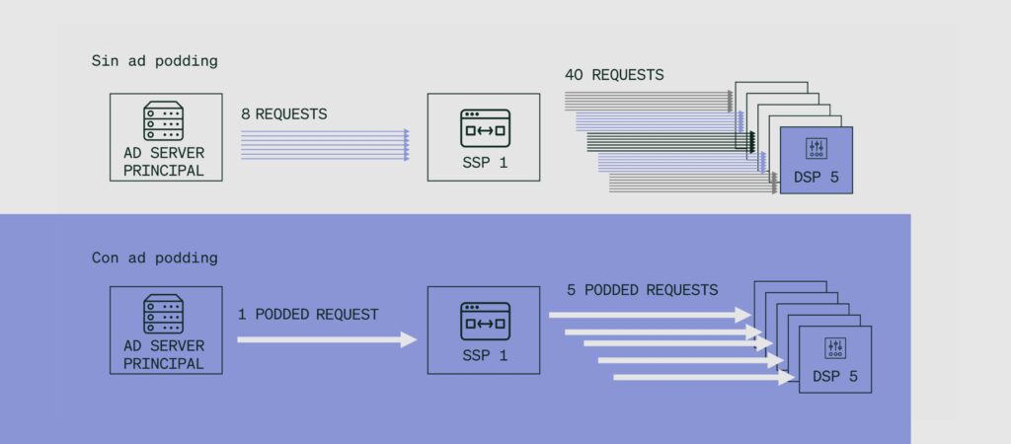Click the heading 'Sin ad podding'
coord(155,61)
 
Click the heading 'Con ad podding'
coord(155,258)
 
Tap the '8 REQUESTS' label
coord(284,114)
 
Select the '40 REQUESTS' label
coord(614,75)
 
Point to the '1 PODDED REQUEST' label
coord(308,315)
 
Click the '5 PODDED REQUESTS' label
coord(642,290)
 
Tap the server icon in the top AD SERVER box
coord(163,120)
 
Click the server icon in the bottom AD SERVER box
coord(163,314)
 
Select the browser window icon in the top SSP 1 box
coord(485,127)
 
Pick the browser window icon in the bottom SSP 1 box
coord(485,321)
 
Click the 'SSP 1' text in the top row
coord(485,163)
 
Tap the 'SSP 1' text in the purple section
coord(485,355)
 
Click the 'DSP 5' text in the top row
coord(817,177)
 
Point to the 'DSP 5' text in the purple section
coord(835,376)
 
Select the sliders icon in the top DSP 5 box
coord(817,148)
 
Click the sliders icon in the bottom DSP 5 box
coord(835,348)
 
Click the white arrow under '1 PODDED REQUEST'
coord(328,339)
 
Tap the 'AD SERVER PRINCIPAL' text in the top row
coord(164,162)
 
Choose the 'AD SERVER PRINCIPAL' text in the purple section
coord(164,355)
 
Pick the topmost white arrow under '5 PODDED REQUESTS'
coord(650,315)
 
